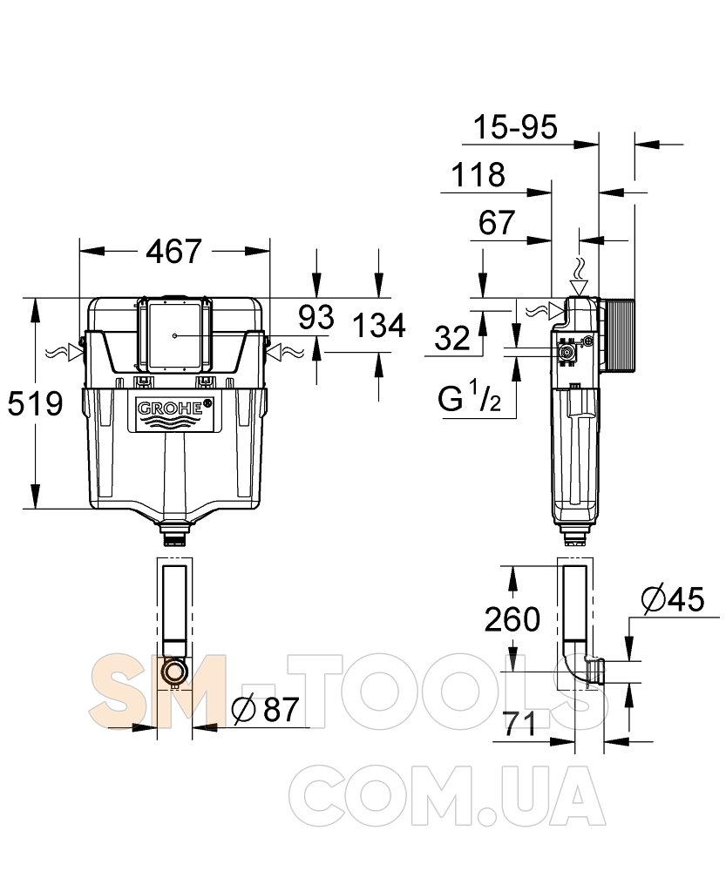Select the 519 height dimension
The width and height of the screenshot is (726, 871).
pyautogui.click(x=35, y=403)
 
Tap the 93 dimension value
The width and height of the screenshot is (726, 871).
pyautogui.click(x=316, y=317)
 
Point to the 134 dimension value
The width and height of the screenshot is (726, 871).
pyautogui.click(x=379, y=326)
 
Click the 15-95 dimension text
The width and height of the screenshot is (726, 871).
pyautogui.click(x=514, y=127)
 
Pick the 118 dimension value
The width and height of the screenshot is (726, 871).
pyautogui.click(x=478, y=175)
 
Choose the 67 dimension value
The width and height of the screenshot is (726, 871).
pyautogui.click(x=497, y=223)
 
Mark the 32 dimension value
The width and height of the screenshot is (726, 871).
pyautogui.click(x=452, y=337)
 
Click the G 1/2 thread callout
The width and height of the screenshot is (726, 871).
pyautogui.click(x=469, y=398)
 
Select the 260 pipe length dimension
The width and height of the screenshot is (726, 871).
pyautogui.click(x=512, y=619)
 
